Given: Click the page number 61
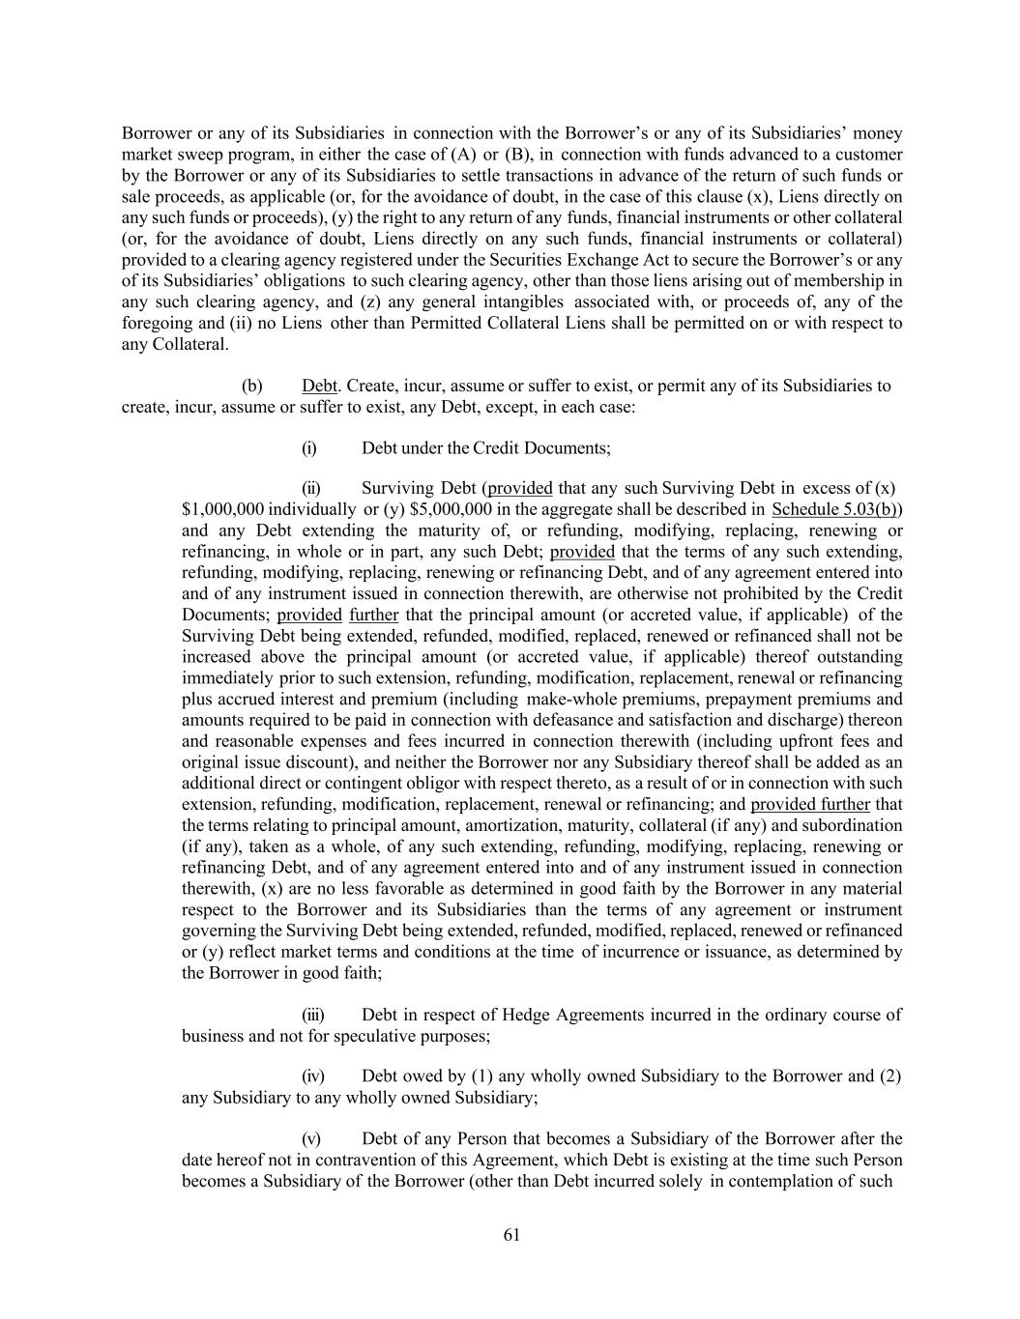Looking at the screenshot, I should point(511,1234).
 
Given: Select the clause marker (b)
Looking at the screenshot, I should point(251,387).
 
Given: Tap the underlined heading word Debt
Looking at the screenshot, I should point(319,387).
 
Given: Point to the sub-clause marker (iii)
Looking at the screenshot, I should point(313,1015).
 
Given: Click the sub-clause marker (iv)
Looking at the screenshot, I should point(313,1076).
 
